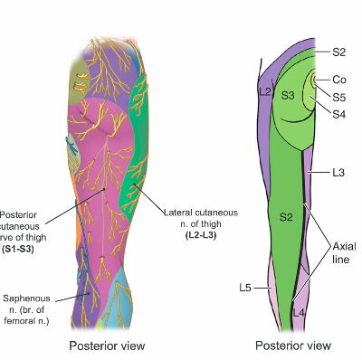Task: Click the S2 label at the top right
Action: pyautogui.click(x=339, y=52)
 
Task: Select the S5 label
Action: pyautogui.click(x=339, y=97)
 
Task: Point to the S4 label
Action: pyautogui.click(x=339, y=113)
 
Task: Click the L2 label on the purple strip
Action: pyautogui.click(x=265, y=92)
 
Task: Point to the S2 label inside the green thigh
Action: pyautogui.click(x=286, y=217)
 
